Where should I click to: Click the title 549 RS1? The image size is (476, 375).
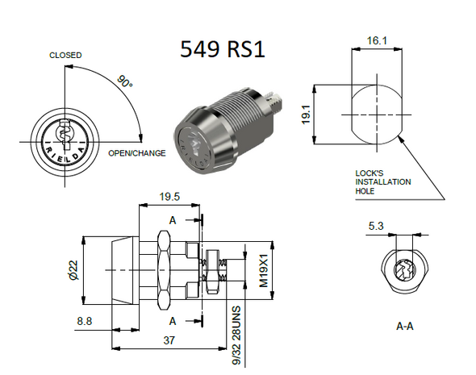[222, 50]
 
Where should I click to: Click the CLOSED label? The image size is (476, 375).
[65, 56]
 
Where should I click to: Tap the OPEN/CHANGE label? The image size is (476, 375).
[137, 153]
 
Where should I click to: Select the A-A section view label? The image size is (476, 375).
[406, 327]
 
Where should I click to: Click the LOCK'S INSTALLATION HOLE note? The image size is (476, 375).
[382, 182]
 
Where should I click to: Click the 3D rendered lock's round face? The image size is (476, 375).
[194, 148]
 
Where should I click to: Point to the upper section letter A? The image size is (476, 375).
[174, 220]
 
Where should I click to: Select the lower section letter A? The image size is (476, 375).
[174, 322]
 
